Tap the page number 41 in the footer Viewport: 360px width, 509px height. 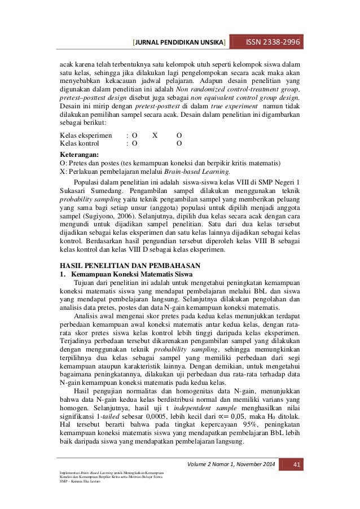click(x=292, y=464)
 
